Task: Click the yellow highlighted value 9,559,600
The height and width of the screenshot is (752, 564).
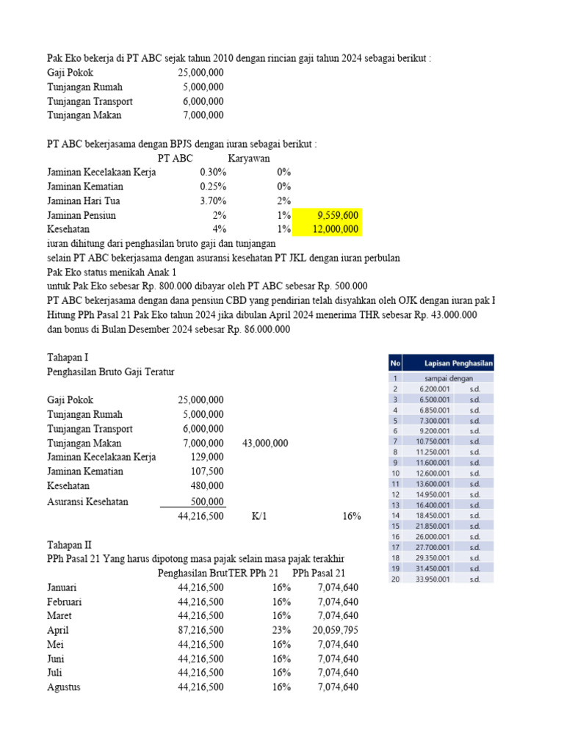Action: point(337,215)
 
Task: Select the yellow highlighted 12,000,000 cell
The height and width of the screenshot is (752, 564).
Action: point(334,230)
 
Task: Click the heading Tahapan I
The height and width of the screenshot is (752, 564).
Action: point(67,358)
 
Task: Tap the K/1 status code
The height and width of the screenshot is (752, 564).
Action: point(258,516)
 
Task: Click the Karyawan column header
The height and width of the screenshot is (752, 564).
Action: point(249,158)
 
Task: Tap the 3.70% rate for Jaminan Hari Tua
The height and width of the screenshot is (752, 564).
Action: point(213,201)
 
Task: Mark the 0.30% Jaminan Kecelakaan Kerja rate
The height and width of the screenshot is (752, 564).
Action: point(213,172)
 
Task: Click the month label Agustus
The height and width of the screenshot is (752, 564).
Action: point(64,687)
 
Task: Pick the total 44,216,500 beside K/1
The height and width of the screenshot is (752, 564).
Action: point(200,516)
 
